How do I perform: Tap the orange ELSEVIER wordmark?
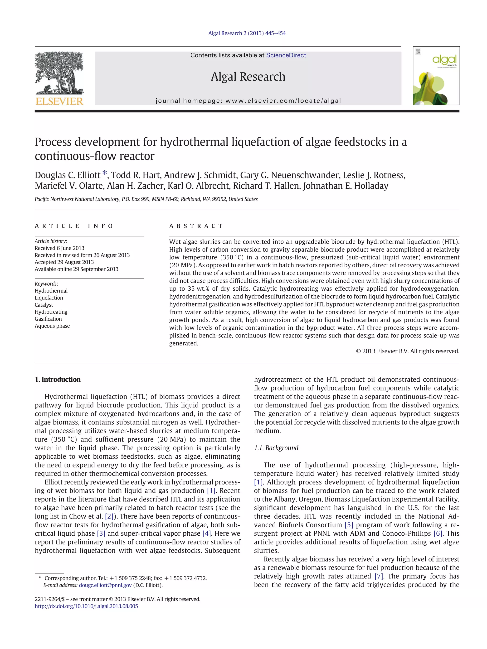[x=59, y=101]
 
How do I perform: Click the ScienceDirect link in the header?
[x=286, y=55]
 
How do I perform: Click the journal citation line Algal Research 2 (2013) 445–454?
[x=247, y=33]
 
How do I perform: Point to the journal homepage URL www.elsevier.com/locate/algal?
[x=283, y=101]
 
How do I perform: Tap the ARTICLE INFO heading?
[x=74, y=226]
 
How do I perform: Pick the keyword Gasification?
[x=48, y=319]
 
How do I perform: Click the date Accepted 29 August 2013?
[x=64, y=262]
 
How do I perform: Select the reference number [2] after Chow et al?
[x=109, y=516]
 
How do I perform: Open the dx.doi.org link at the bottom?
[x=86, y=606]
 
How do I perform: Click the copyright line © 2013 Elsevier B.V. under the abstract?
[x=407, y=351]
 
